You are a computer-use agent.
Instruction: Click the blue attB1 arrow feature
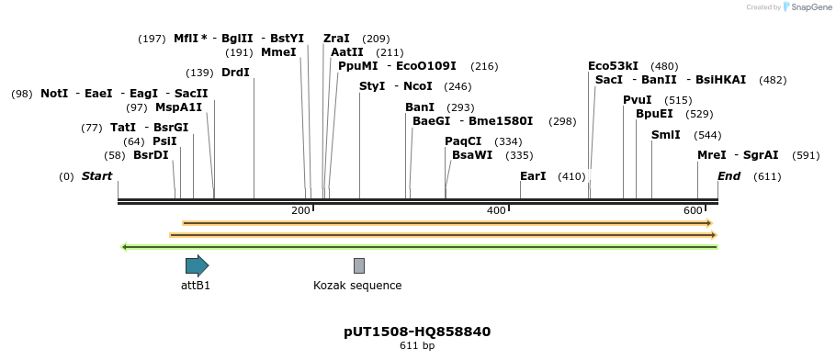tap(197, 266)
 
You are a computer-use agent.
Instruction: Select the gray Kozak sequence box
tap(359, 266)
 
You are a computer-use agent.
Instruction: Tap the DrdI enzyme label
tap(235, 73)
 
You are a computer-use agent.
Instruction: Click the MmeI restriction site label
tap(278, 52)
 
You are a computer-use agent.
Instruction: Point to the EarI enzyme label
tap(533, 175)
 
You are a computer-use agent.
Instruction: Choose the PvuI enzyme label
tap(637, 100)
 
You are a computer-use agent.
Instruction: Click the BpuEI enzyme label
tap(654, 114)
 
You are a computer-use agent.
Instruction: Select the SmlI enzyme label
tap(666, 135)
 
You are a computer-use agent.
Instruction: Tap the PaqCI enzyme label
tap(463, 141)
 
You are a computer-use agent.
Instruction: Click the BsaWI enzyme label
tap(472, 155)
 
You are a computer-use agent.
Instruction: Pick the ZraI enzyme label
tap(336, 39)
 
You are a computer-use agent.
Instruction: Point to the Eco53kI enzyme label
tap(613, 66)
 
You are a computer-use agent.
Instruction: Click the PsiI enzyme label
tap(164, 141)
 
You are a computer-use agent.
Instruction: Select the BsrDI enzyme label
tap(151, 155)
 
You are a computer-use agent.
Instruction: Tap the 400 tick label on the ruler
tap(496, 211)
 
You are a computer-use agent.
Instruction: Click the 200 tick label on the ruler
tap(300, 211)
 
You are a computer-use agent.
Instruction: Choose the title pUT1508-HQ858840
tap(417, 332)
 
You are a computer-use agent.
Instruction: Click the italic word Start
tap(96, 175)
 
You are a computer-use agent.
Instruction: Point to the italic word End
tap(729, 175)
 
